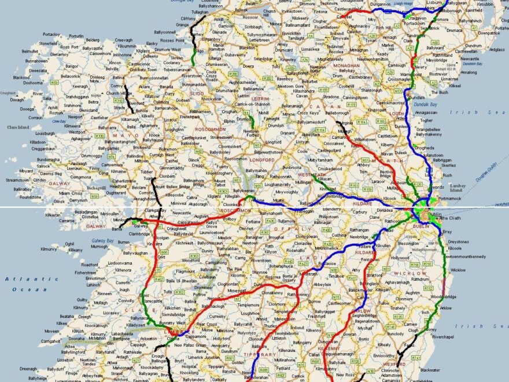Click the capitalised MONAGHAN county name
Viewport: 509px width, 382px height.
346,65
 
